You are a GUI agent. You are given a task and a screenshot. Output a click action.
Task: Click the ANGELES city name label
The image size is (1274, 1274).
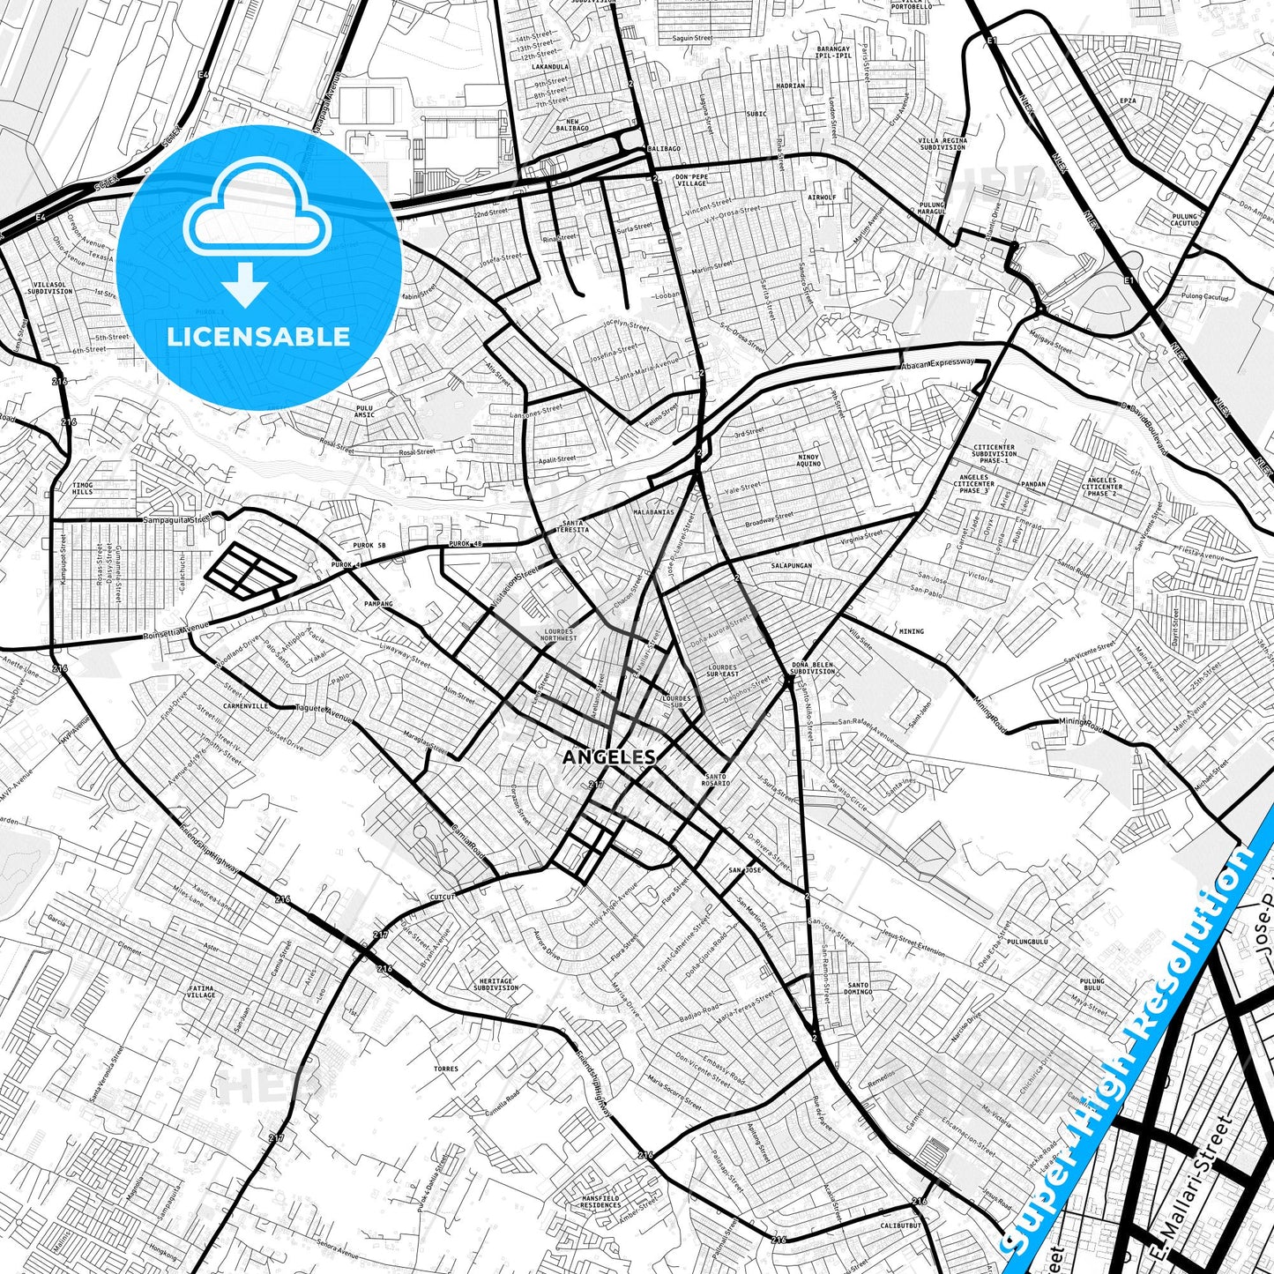(608, 756)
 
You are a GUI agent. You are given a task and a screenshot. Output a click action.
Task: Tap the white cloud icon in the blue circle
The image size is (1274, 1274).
(257, 210)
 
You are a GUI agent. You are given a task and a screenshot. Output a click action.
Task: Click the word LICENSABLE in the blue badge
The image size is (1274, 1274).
(258, 337)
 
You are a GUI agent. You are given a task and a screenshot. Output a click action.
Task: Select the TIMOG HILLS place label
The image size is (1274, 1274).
(82, 488)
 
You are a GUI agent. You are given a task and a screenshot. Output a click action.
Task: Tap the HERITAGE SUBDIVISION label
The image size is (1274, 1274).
(495, 984)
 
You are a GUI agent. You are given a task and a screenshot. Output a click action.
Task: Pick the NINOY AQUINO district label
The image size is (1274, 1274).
(808, 460)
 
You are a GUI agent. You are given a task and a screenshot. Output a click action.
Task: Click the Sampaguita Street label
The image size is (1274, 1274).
(177, 520)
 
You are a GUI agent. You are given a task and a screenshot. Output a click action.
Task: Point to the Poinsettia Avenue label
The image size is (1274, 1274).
(176, 631)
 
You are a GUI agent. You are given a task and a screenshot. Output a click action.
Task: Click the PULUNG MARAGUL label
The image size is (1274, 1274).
(931, 208)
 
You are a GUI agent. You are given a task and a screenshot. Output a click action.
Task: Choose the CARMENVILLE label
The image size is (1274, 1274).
(245, 706)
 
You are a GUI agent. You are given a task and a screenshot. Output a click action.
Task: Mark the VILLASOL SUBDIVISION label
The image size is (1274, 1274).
(49, 288)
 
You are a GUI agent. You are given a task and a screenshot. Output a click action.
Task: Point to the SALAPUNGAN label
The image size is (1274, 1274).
(791, 565)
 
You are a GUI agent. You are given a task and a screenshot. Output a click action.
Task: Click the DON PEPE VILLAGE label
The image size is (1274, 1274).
(691, 180)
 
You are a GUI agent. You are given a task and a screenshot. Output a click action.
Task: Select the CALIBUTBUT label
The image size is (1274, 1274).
(900, 1226)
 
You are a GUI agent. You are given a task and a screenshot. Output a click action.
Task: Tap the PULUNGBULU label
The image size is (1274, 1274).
(1027, 942)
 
